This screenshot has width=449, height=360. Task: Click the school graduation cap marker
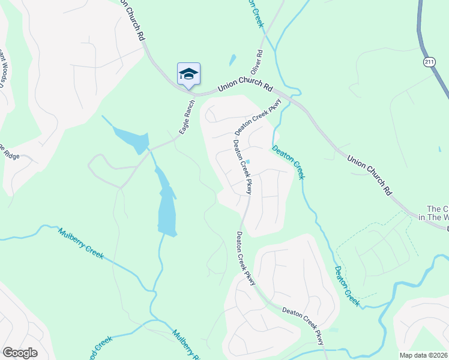point(188,74)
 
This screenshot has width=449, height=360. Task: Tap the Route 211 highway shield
point(428,62)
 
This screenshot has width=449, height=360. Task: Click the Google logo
point(20,352)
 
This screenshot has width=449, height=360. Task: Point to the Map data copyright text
point(424,355)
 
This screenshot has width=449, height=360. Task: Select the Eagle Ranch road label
point(188,115)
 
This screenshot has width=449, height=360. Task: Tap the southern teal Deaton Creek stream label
point(347,286)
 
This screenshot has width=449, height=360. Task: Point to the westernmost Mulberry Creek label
point(80,244)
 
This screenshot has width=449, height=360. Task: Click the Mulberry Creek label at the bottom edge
point(186,345)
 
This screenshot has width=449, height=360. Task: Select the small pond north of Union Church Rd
point(232,61)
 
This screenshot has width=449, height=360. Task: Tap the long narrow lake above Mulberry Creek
point(166,204)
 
